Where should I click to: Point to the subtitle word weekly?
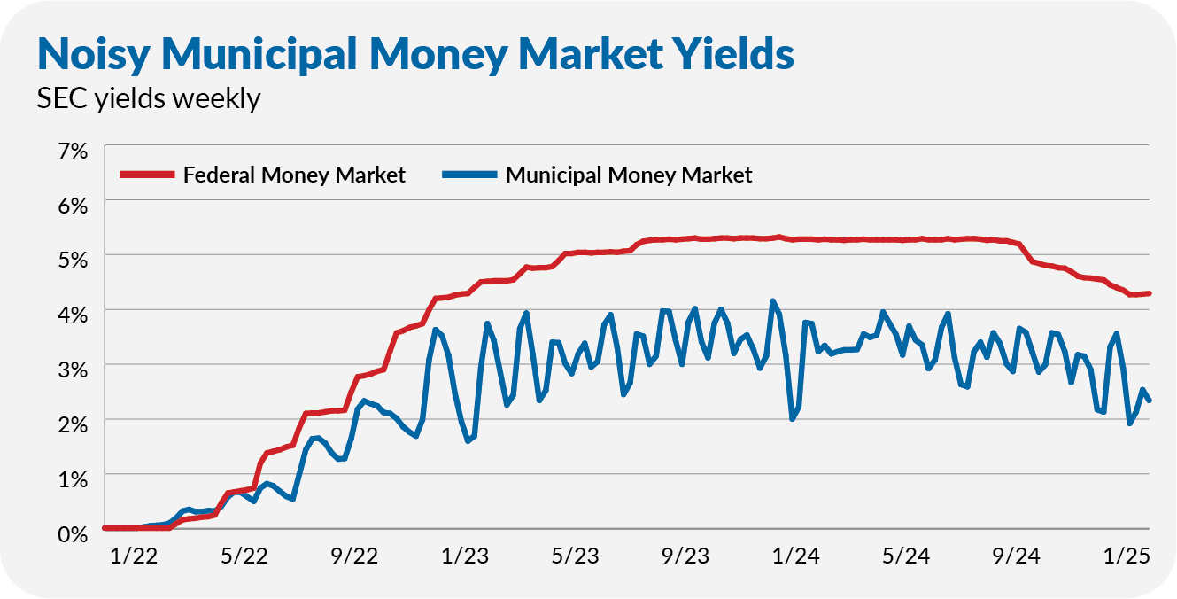(x=216, y=98)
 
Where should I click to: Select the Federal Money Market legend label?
(x=294, y=175)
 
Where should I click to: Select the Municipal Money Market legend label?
(x=629, y=175)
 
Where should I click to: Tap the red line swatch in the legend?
(x=147, y=175)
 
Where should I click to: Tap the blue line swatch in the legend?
(x=468, y=175)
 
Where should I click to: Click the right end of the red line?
(x=1149, y=293)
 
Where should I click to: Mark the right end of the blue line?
(x=1149, y=401)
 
